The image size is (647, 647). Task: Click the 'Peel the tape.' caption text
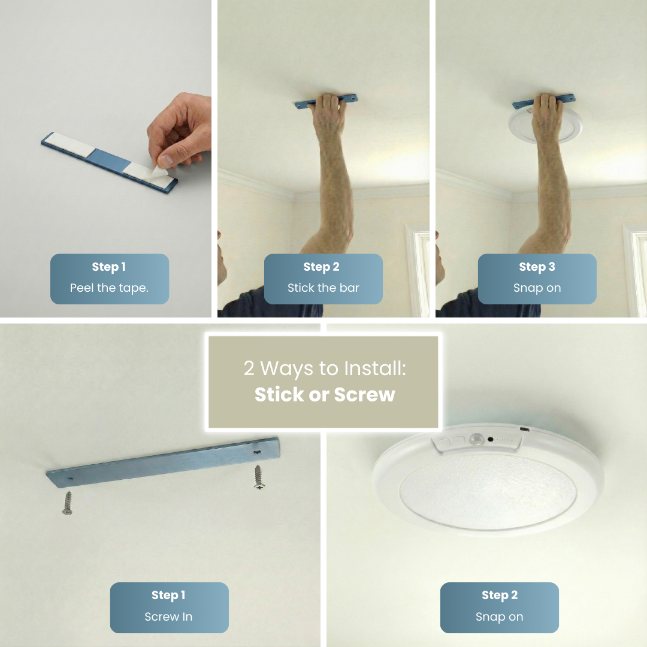[x=109, y=288]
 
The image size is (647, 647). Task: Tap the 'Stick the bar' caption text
[x=323, y=288]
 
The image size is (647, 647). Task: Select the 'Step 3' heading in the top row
[x=537, y=267]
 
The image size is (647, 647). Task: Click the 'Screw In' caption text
[x=168, y=617]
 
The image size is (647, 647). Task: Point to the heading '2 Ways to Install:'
[x=324, y=368]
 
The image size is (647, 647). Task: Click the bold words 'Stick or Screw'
[x=324, y=395]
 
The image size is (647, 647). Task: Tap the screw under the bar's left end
[x=67, y=502]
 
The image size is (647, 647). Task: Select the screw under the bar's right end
[x=259, y=477]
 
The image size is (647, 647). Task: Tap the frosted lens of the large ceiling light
[x=486, y=491]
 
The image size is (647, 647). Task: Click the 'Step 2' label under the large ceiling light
[x=499, y=595]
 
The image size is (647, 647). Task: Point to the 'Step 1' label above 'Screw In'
[x=168, y=595]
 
